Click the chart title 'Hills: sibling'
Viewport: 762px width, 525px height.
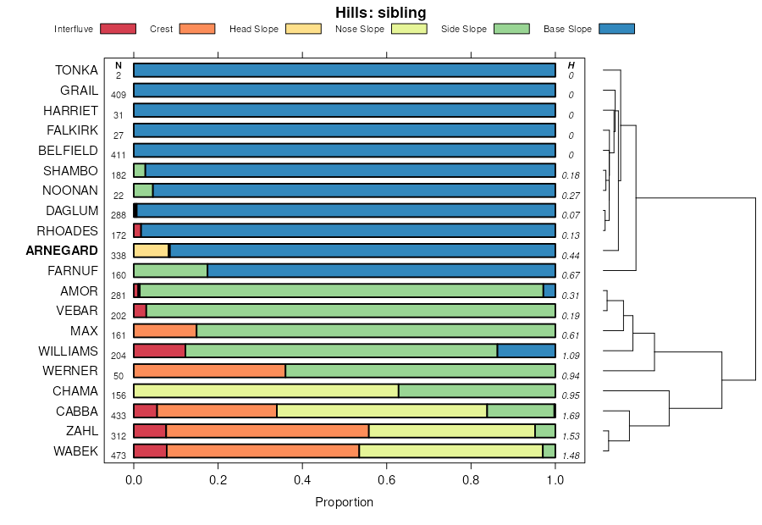click(x=380, y=13)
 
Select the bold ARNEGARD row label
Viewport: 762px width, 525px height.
click(x=62, y=251)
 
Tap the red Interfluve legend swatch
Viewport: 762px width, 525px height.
click(x=118, y=29)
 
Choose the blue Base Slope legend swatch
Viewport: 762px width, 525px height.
click(x=616, y=29)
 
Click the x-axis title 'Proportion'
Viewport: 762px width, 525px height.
click(x=344, y=502)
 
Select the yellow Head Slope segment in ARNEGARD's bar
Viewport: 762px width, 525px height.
click(x=151, y=251)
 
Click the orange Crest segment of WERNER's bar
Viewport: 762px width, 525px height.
click(x=209, y=371)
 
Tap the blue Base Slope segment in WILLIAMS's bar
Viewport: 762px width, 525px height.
click(x=526, y=351)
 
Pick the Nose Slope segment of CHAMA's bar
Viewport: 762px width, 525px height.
click(x=266, y=391)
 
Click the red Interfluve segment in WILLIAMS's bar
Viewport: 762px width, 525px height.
click(x=159, y=351)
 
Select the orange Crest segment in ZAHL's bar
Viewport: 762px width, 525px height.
click(x=268, y=431)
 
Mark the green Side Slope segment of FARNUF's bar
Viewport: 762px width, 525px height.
click(x=170, y=271)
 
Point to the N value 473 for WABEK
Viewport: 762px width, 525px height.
click(x=119, y=456)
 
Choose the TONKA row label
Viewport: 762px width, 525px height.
click(x=76, y=70)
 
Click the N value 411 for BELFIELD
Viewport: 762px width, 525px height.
click(x=119, y=156)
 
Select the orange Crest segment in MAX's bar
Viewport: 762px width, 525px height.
click(x=165, y=331)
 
